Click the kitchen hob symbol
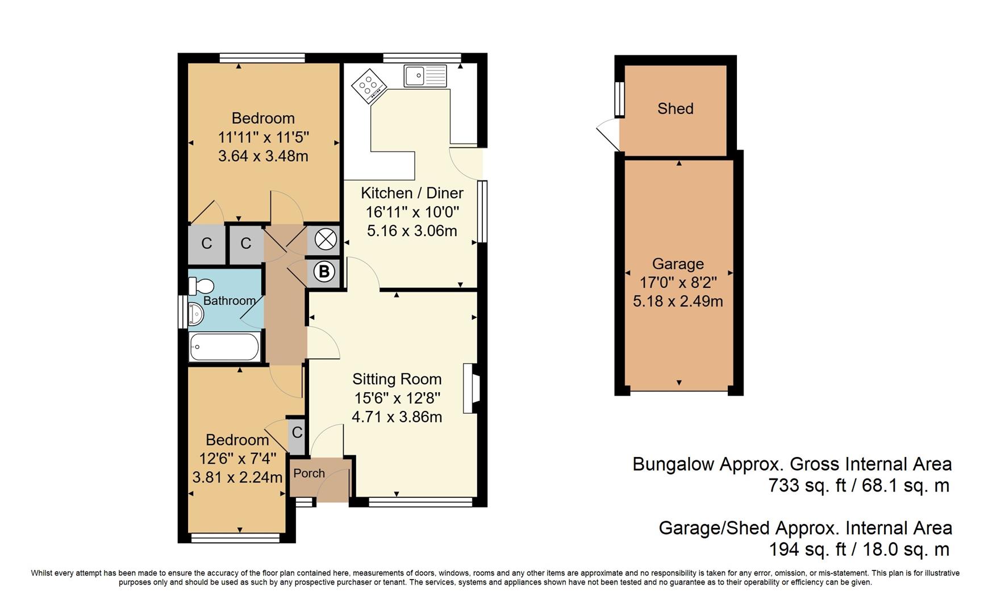pyautogui.click(x=369, y=86)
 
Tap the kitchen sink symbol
pyautogui.click(x=426, y=75)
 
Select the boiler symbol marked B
pyautogui.click(x=324, y=272)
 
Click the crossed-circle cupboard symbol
pyautogui.click(x=326, y=240)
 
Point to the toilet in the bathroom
pyautogui.click(x=201, y=285)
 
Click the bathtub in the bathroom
pyautogui.click(x=224, y=346)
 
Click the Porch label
pyautogui.click(x=309, y=473)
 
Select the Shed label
pyautogui.click(x=675, y=108)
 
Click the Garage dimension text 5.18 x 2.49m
pyautogui.click(x=678, y=301)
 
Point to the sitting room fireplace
pyautogui.click(x=472, y=388)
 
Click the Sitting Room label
pyautogui.click(x=397, y=379)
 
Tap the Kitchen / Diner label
pyautogui.click(x=412, y=193)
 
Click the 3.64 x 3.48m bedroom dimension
pyautogui.click(x=263, y=156)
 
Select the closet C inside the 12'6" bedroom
pyautogui.click(x=297, y=433)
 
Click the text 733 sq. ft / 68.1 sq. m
pyautogui.click(x=858, y=486)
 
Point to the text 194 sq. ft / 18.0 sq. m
pyautogui.click(x=858, y=549)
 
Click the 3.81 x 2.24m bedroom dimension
pyautogui.click(x=237, y=477)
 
